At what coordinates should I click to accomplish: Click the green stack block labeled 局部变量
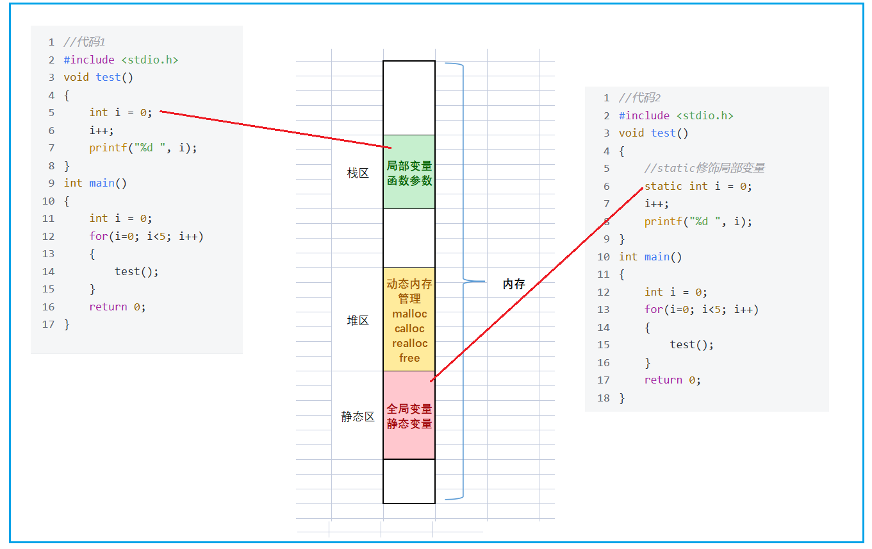(x=409, y=172)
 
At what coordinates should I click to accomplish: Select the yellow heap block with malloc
(x=409, y=319)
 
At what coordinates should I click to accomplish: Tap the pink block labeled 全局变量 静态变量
(x=409, y=416)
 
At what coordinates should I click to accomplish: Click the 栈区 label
(x=358, y=173)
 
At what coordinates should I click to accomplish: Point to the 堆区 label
(x=358, y=321)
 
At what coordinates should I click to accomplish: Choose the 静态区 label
(x=358, y=417)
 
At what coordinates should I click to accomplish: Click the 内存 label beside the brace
(x=514, y=284)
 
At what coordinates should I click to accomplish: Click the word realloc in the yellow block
(x=409, y=343)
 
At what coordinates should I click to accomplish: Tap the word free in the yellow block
(x=409, y=358)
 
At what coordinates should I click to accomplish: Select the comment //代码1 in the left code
(x=84, y=42)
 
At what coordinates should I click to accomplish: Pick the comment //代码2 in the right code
(x=639, y=97)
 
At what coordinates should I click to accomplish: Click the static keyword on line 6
(x=663, y=186)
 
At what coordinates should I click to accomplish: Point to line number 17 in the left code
(x=48, y=325)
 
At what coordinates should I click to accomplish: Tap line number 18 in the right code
(x=603, y=398)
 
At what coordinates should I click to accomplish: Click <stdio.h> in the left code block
(x=149, y=60)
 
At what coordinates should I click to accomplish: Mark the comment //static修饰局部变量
(x=705, y=168)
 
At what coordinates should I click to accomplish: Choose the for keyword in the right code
(x=653, y=309)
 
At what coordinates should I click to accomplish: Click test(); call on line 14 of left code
(x=136, y=271)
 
